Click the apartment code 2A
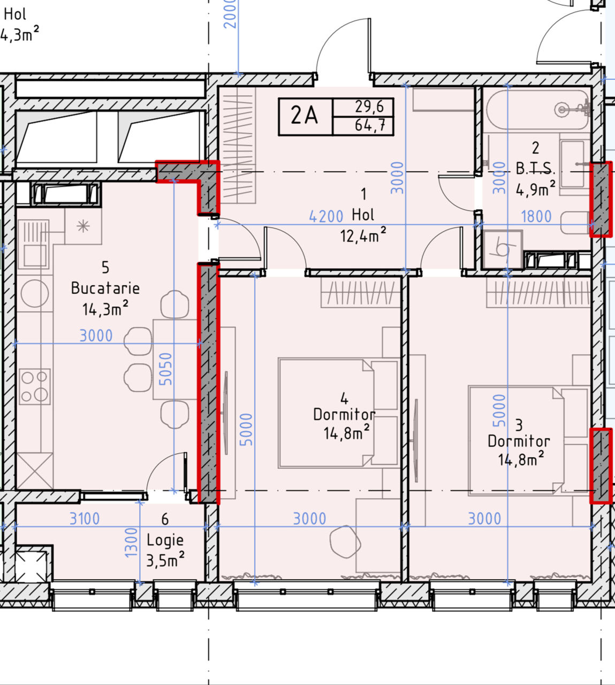304,116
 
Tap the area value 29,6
369,107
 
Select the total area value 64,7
370,125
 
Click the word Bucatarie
105,288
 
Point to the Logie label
165,541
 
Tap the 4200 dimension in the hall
326,217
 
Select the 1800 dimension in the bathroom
536,217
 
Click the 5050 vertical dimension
166,369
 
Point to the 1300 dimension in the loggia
131,542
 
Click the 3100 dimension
85,519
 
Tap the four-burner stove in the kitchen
35,387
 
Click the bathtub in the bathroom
538,110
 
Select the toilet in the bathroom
575,223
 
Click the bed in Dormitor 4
338,413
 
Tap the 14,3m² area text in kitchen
105,309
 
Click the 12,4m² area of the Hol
363,235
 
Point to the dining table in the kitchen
175,359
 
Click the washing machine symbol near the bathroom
503,250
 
